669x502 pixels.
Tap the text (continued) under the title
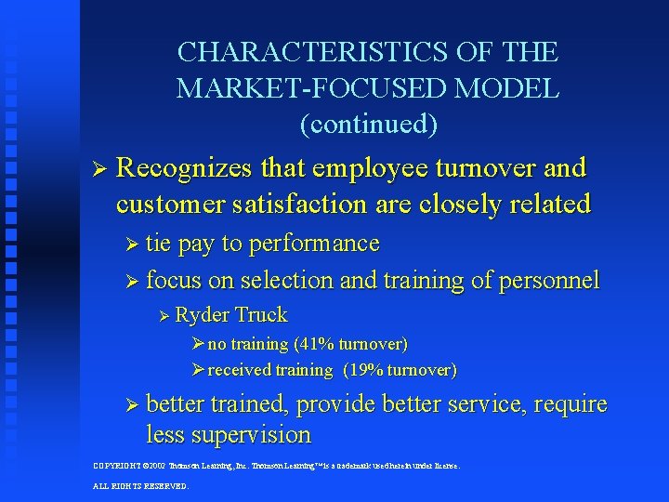tap(368, 123)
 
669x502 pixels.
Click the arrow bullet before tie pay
tap(131, 245)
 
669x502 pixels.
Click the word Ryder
tap(203, 315)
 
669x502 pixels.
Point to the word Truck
tap(261, 315)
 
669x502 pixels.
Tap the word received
tap(241, 370)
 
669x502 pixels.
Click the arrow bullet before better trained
tap(131, 405)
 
